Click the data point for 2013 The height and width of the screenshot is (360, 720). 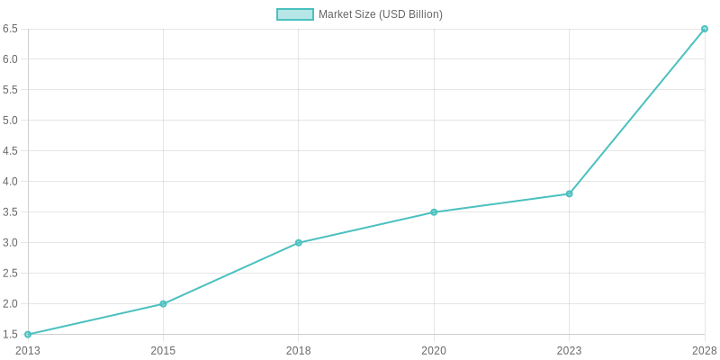28,334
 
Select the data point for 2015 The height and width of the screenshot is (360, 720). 163,303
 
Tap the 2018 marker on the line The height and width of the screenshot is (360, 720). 299,243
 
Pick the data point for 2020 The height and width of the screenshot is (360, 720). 434,212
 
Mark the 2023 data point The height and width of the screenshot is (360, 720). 569,193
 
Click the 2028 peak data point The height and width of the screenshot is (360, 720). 704,29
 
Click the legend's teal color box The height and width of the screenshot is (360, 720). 295,14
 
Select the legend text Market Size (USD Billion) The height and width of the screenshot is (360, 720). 381,14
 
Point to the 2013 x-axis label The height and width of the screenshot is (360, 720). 28,350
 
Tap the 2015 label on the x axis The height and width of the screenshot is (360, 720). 163,350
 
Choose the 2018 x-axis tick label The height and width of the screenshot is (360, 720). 299,350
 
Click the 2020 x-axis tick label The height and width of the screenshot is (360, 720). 434,350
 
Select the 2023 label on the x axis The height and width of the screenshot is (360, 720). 569,350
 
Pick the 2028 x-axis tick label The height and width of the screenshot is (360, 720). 704,350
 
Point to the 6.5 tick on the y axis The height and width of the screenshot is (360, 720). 11,29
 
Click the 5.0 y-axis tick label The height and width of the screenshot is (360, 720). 11,121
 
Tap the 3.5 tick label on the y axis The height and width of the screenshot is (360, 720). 11,212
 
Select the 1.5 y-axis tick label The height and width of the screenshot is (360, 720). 11,334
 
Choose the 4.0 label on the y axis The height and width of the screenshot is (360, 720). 11,182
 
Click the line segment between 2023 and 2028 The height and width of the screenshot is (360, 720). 636,112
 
